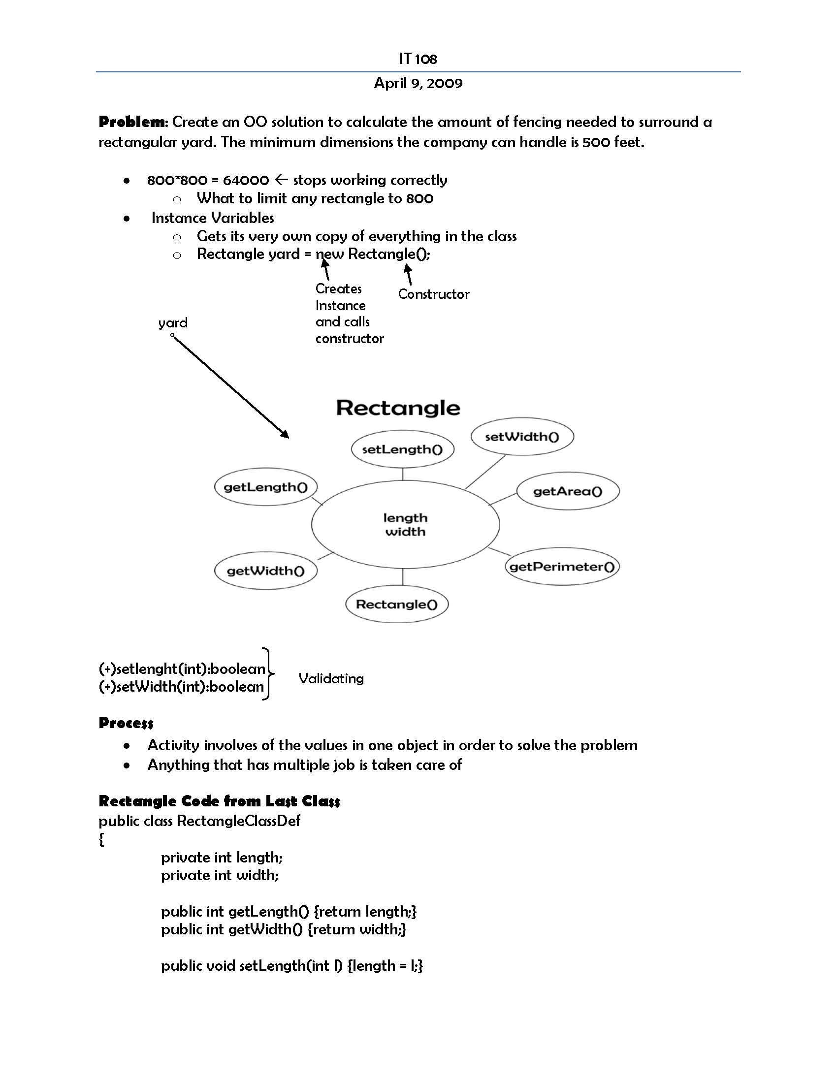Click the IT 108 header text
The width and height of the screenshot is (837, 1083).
tap(418, 59)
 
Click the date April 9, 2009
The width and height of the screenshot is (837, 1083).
tap(418, 83)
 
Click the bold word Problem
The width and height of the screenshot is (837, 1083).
tap(132, 122)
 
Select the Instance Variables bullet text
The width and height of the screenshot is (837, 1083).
tap(212, 218)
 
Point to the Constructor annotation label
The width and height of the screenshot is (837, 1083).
tap(433, 294)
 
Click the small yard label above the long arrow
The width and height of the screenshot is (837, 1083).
tap(172, 323)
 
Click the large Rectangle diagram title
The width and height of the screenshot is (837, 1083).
tap(398, 408)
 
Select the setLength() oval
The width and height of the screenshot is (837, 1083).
tap(402, 449)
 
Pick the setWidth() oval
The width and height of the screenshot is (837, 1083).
tap(521, 437)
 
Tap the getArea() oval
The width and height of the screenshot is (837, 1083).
tap(568, 491)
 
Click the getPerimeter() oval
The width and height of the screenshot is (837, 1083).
tap(562, 567)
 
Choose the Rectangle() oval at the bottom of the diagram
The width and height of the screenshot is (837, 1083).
tap(397, 605)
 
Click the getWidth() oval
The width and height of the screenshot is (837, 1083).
tap(265, 571)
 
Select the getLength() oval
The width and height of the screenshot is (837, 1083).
tap(265, 487)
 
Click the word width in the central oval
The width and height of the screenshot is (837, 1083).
tap(405, 532)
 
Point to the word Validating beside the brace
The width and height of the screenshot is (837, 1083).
tap(331, 678)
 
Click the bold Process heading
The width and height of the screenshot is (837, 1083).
tap(126, 723)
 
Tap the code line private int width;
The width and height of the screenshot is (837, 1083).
tap(220, 875)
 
